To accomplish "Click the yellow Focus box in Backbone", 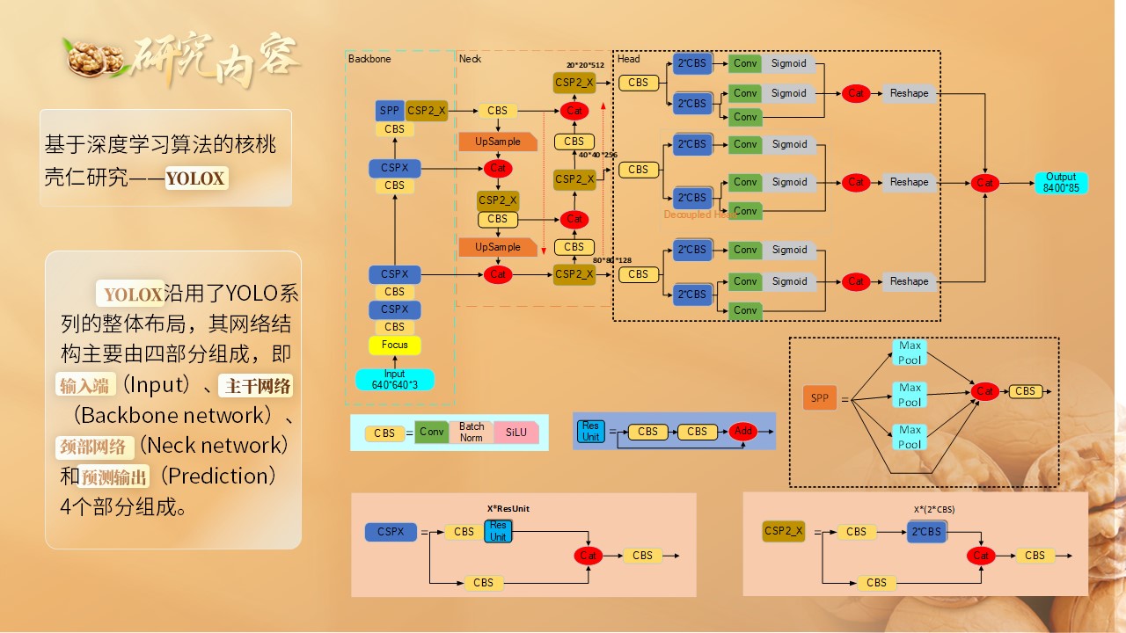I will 395,345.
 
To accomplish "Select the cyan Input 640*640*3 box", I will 395,379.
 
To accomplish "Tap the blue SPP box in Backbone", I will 390,111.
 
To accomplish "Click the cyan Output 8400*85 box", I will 1061,183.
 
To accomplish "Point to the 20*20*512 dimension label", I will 585,65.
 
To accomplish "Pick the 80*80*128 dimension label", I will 612,260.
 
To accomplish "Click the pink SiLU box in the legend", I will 515,433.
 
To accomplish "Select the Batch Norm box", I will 472,432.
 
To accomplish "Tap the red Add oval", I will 743,431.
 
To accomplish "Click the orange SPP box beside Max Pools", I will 820,397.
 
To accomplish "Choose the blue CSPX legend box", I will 391,532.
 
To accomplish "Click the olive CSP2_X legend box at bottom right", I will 784,531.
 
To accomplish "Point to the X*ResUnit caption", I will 508,508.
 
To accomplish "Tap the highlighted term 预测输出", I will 114,477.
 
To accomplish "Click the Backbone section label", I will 369,59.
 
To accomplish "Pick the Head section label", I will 629,59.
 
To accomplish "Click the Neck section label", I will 470,59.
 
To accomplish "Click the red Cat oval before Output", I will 985,183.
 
